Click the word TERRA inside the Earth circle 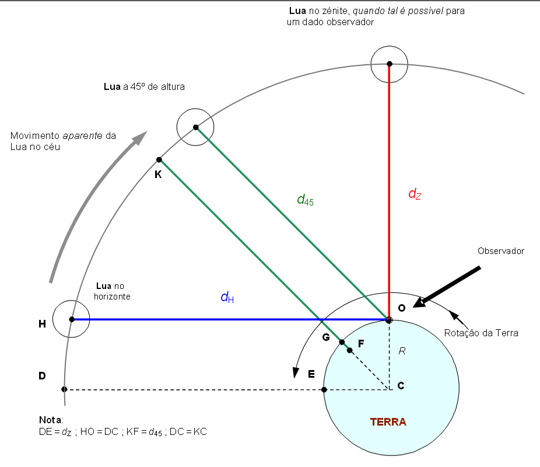(388, 421)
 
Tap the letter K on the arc (158, 174)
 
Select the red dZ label (414, 194)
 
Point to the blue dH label (227, 297)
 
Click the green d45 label (305, 200)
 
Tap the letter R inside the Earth (402, 351)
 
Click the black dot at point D (64, 389)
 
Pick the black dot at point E (324, 389)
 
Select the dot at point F (349, 350)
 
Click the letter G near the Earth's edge (326, 337)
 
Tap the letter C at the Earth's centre (401, 385)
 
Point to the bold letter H (42, 324)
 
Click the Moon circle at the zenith (390, 64)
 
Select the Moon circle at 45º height (195, 127)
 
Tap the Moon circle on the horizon (71, 319)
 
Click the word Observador (501, 251)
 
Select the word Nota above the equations (50, 420)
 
